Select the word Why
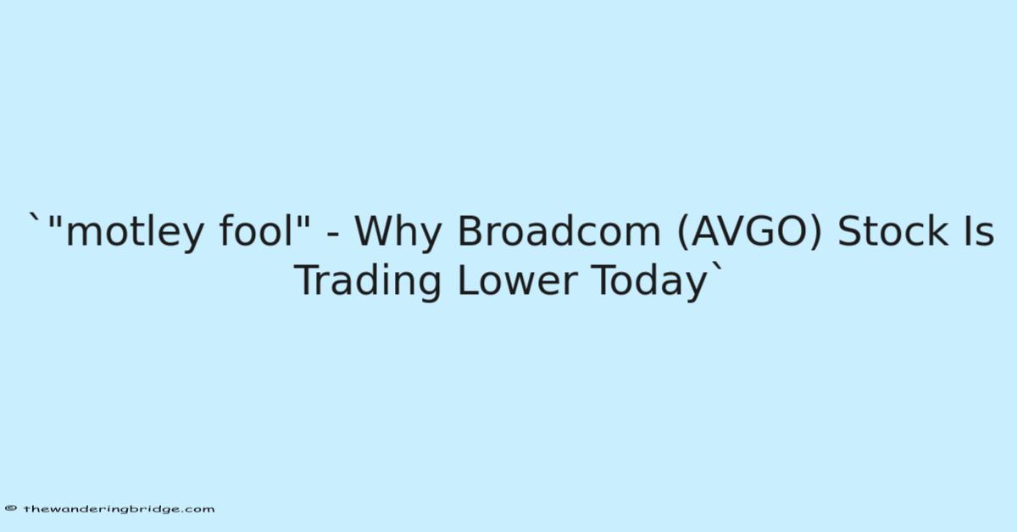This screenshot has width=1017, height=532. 397,233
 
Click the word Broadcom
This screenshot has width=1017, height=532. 559,230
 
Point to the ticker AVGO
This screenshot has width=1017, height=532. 749,231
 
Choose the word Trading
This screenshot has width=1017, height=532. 368,280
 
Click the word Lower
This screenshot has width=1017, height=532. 518,280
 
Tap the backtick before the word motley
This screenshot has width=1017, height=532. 35,217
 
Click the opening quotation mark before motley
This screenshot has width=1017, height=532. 55,221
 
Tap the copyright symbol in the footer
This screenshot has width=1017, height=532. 10,508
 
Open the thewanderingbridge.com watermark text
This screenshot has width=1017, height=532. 119,509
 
